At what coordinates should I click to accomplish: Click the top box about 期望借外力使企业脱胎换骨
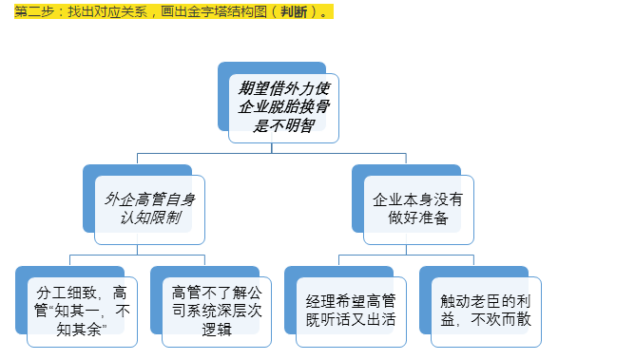pyautogui.click(x=284, y=107)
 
